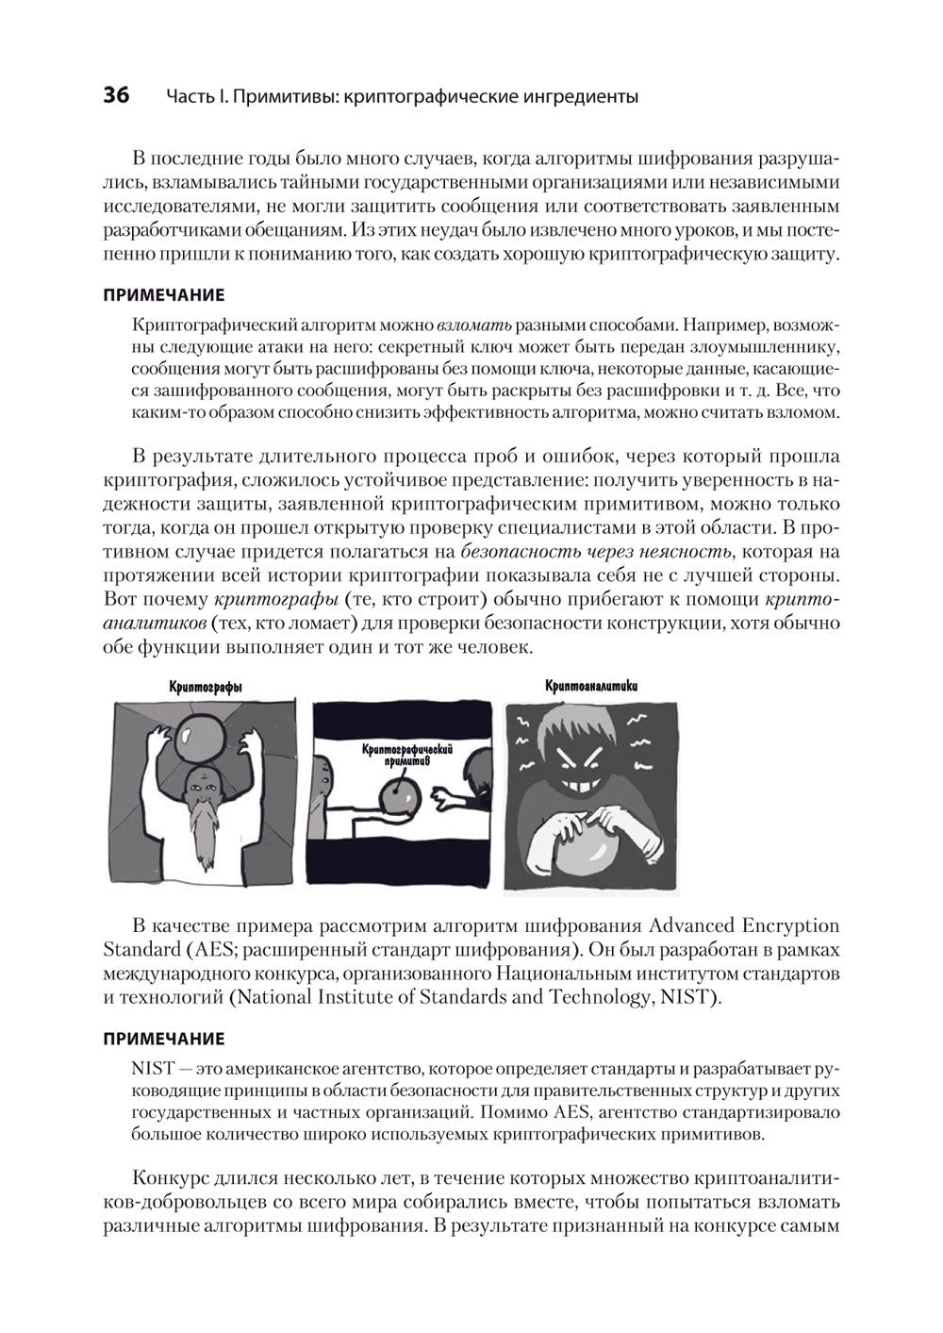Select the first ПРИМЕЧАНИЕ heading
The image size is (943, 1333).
click(162, 294)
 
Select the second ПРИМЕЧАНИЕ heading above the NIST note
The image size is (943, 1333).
click(162, 1039)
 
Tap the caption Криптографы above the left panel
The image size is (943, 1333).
click(205, 689)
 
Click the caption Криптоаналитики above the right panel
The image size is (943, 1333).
click(591, 686)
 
